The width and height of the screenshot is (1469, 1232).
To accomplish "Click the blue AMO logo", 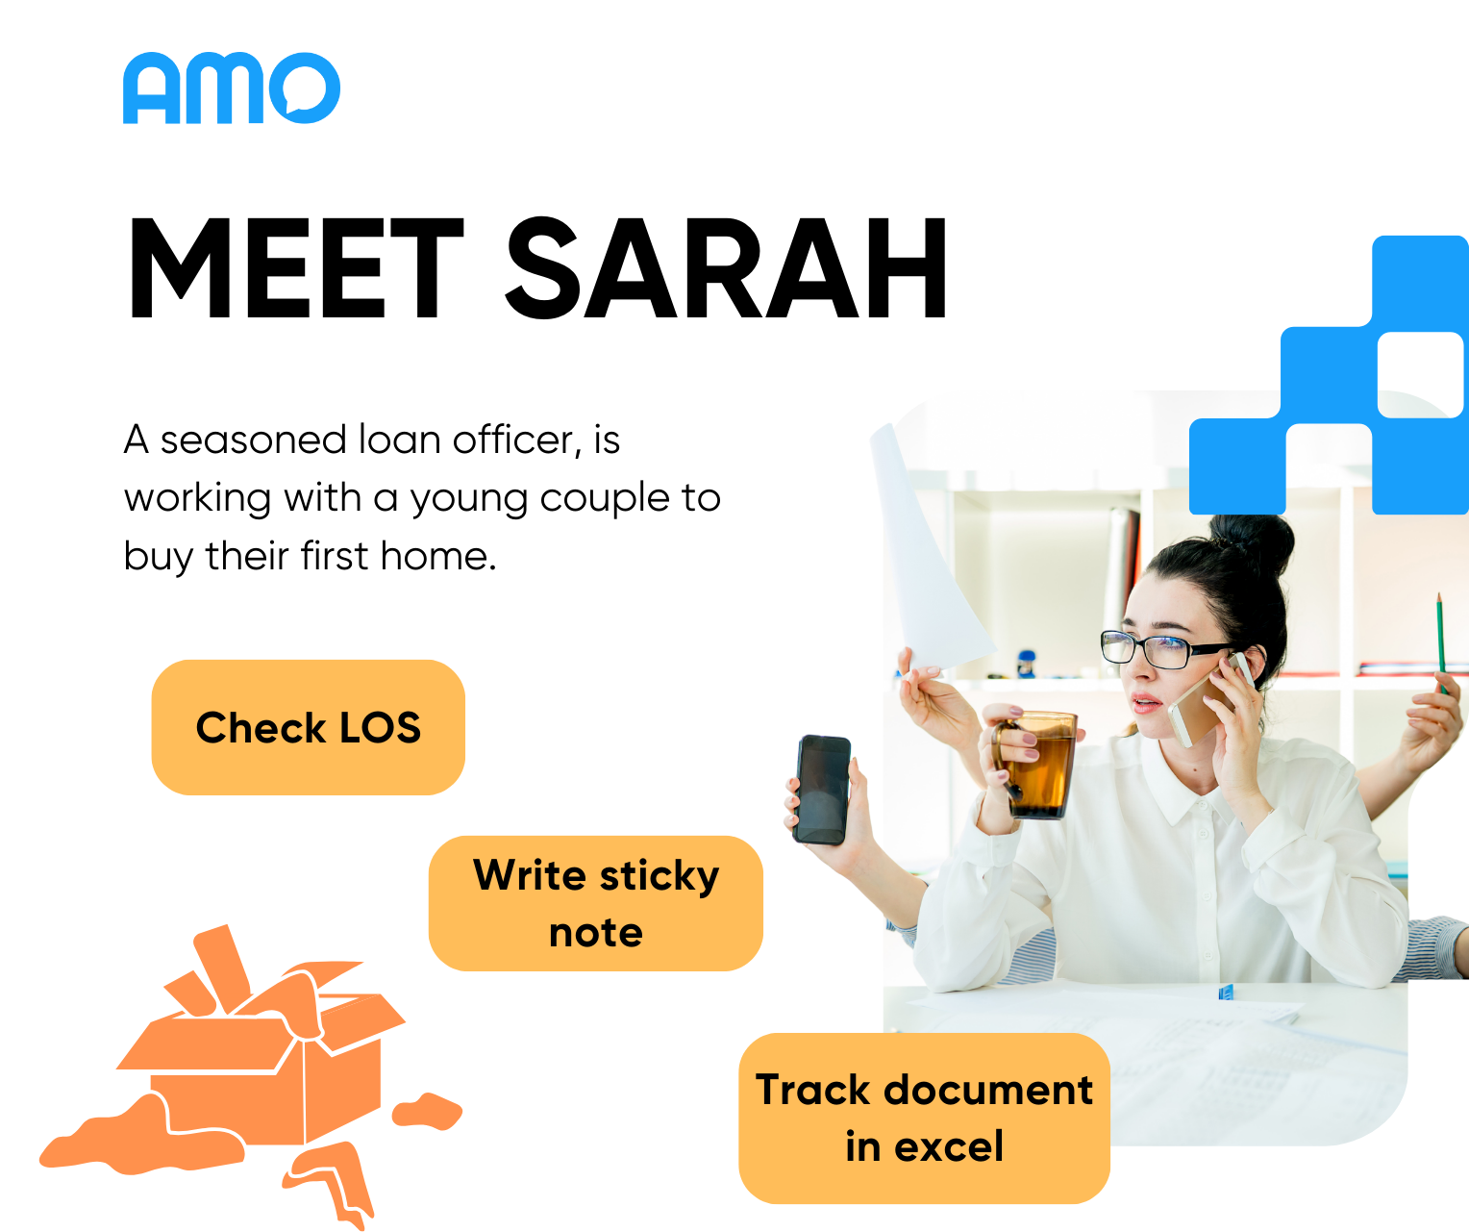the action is tap(232, 88).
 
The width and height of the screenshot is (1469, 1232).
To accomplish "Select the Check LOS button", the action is tap(309, 727).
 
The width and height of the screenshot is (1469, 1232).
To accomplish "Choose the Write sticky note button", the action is tap(596, 903).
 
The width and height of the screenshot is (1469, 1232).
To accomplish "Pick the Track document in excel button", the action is tap(924, 1118).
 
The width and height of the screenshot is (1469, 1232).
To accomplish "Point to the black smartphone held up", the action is tap(822, 790).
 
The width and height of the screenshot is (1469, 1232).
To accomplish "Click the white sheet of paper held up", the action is tap(928, 549).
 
